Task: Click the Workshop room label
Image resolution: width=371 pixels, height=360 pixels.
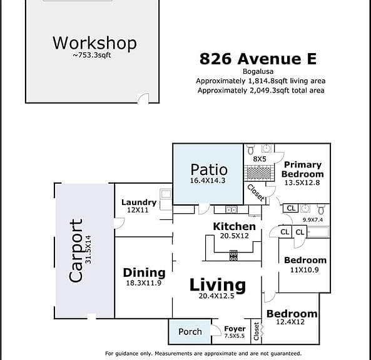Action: click(x=94, y=43)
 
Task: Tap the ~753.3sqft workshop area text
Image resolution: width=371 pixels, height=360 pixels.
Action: click(x=92, y=55)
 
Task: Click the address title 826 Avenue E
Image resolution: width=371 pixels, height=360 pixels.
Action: click(x=258, y=59)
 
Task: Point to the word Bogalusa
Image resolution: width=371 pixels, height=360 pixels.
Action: click(x=258, y=71)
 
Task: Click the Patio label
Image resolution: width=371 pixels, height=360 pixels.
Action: click(x=209, y=169)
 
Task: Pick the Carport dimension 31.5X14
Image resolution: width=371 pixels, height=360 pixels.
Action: click(x=88, y=249)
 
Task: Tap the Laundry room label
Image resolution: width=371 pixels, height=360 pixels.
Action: click(x=139, y=202)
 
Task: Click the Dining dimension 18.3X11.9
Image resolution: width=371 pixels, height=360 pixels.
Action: click(x=144, y=282)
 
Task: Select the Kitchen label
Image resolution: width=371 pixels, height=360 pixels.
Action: click(x=234, y=226)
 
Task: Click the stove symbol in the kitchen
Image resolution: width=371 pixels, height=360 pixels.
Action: click(x=233, y=256)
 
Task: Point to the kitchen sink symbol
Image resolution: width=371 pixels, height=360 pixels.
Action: click(x=231, y=209)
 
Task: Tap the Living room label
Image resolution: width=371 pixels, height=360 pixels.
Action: click(x=218, y=285)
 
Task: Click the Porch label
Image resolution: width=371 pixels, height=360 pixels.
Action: click(x=190, y=332)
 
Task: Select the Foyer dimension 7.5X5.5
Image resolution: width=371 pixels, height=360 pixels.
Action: click(x=234, y=336)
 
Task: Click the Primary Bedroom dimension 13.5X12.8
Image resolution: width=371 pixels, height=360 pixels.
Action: click(x=302, y=182)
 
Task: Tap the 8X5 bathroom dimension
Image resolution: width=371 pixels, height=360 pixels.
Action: click(x=260, y=159)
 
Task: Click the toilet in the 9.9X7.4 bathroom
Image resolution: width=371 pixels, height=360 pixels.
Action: click(x=321, y=209)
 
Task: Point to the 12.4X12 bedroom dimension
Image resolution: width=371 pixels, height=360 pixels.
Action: click(x=290, y=322)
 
